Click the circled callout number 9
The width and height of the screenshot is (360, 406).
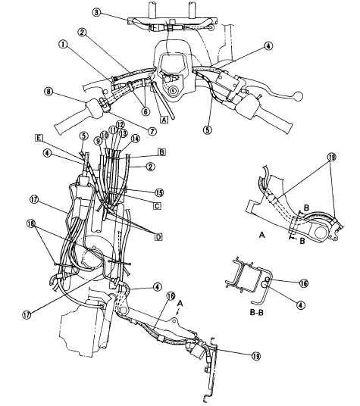97,140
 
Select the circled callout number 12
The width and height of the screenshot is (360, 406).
120,124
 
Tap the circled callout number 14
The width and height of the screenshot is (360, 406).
135,140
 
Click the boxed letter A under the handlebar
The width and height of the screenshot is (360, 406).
164,118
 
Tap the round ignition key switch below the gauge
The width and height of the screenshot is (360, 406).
174,90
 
